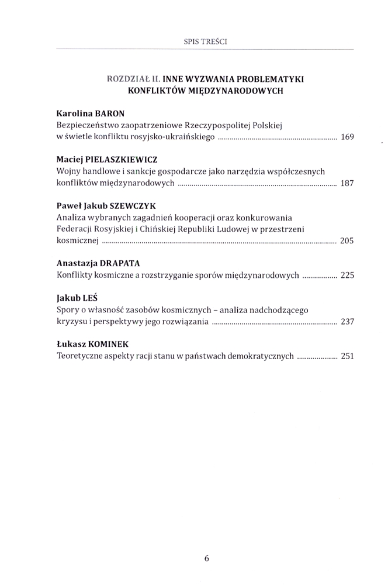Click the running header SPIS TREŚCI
(205, 42)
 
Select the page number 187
(348, 184)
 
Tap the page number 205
(348, 241)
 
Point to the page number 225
(348, 275)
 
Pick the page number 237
(348, 321)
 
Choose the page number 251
(348, 355)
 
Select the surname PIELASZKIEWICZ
(123, 159)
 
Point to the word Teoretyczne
(81, 355)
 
